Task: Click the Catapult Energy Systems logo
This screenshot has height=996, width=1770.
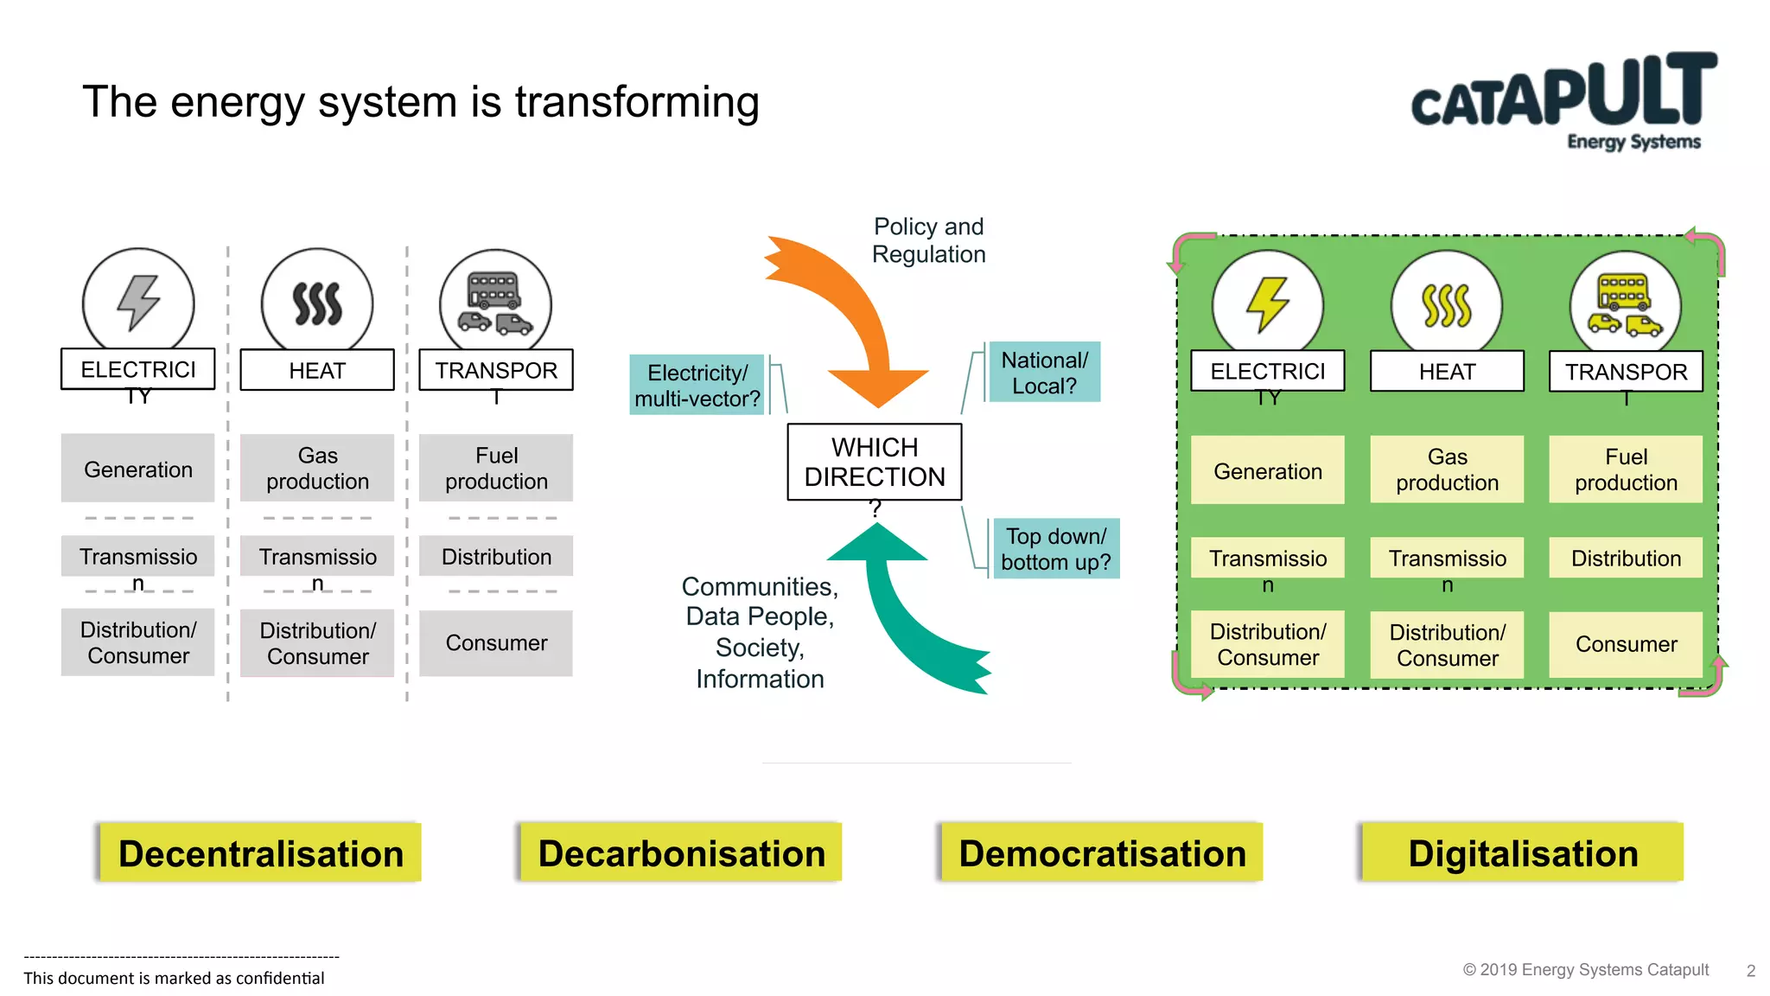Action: [x=1564, y=101]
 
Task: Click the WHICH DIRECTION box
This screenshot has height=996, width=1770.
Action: [x=874, y=462]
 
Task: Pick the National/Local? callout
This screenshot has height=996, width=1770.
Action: [x=1044, y=373]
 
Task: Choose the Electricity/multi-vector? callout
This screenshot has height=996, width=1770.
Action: [x=697, y=386]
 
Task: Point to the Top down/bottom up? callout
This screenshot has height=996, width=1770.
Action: [x=1055, y=549]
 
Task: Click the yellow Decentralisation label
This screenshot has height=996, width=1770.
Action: [x=260, y=853]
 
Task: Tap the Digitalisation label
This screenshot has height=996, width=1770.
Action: [x=1522, y=853]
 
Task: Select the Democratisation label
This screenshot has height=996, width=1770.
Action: [x=1102, y=853]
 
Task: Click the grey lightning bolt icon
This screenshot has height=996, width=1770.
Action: [x=138, y=303]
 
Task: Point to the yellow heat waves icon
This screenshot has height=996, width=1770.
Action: [x=1446, y=306]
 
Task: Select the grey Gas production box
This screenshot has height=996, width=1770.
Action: [x=317, y=469]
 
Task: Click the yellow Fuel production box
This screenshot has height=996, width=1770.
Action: [x=1625, y=469]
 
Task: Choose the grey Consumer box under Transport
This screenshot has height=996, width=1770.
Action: [x=496, y=643]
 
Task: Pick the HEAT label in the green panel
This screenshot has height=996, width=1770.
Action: [x=1447, y=372]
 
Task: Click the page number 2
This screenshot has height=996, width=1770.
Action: [x=1750, y=971]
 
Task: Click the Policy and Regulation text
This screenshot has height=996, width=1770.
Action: [x=928, y=240]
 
